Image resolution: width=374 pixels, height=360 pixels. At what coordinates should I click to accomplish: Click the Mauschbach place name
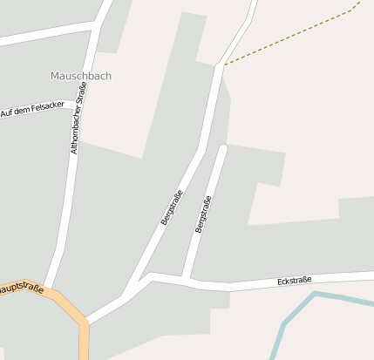click(x=81, y=76)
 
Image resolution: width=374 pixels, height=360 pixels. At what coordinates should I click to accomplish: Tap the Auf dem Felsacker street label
click(x=32, y=111)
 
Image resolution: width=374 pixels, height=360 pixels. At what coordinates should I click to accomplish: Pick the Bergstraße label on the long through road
click(x=172, y=207)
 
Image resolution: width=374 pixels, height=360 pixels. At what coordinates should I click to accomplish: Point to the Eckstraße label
click(x=294, y=281)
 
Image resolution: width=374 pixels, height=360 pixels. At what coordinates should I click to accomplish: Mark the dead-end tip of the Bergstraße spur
click(x=223, y=148)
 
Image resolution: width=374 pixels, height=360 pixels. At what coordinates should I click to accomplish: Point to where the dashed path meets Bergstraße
click(x=221, y=65)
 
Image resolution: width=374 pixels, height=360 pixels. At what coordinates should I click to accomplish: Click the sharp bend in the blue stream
click(x=315, y=294)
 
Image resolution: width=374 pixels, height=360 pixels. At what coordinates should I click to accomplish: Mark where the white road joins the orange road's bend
click(x=87, y=322)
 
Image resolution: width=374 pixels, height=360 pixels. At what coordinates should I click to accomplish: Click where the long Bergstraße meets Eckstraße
click(x=150, y=276)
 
